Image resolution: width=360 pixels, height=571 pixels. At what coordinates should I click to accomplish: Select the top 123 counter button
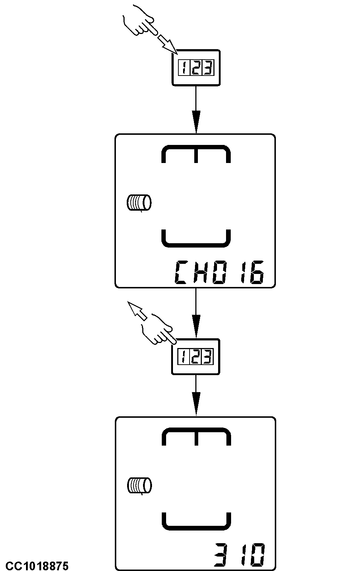pos(195,68)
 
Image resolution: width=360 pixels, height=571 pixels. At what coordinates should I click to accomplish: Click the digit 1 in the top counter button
pos(184,68)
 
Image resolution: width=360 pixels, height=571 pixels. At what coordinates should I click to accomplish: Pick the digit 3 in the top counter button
pos(207,68)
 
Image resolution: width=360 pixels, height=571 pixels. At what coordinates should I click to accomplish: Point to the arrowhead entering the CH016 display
pos(195,125)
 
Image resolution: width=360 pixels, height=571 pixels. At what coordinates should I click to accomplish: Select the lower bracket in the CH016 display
pos(195,239)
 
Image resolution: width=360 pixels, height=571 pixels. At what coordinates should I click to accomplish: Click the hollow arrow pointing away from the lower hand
pos(137,311)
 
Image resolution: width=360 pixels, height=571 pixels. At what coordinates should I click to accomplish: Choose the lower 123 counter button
pos(195,357)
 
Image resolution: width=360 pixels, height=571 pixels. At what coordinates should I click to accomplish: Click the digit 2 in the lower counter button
pos(195,357)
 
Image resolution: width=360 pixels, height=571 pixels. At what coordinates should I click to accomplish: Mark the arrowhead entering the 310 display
pos(195,407)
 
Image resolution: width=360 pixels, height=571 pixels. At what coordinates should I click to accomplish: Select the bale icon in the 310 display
pos(139,485)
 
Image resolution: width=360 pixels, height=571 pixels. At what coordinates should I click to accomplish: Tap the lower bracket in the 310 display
pos(195,521)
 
